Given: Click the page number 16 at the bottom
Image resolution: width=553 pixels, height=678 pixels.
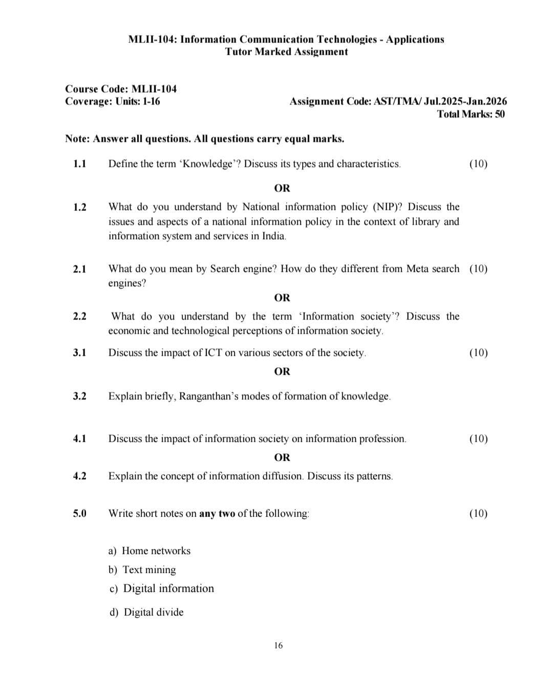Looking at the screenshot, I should tap(278, 645).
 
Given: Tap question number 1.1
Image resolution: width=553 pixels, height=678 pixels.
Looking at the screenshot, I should tap(79, 164).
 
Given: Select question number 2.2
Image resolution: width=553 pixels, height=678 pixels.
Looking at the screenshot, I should tap(79, 316).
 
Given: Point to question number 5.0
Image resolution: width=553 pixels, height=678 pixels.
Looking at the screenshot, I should tap(79, 514).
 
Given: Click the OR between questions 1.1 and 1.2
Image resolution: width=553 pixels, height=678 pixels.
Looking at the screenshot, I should tap(282, 188).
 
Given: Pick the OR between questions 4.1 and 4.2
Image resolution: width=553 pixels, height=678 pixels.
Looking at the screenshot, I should tap(282, 457).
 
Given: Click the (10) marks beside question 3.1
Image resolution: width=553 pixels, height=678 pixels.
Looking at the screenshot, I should tap(478, 353).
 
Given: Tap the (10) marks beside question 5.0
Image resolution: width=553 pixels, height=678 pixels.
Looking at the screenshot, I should tap(478, 514).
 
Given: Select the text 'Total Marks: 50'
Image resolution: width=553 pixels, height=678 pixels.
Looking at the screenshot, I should tap(471, 114).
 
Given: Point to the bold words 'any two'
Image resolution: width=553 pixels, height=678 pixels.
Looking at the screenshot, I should tap(217, 514).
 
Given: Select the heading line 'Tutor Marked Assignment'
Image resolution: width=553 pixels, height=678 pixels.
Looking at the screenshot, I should tap(286, 52).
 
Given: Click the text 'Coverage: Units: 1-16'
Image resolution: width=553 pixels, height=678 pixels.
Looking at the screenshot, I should tap(112, 101).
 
